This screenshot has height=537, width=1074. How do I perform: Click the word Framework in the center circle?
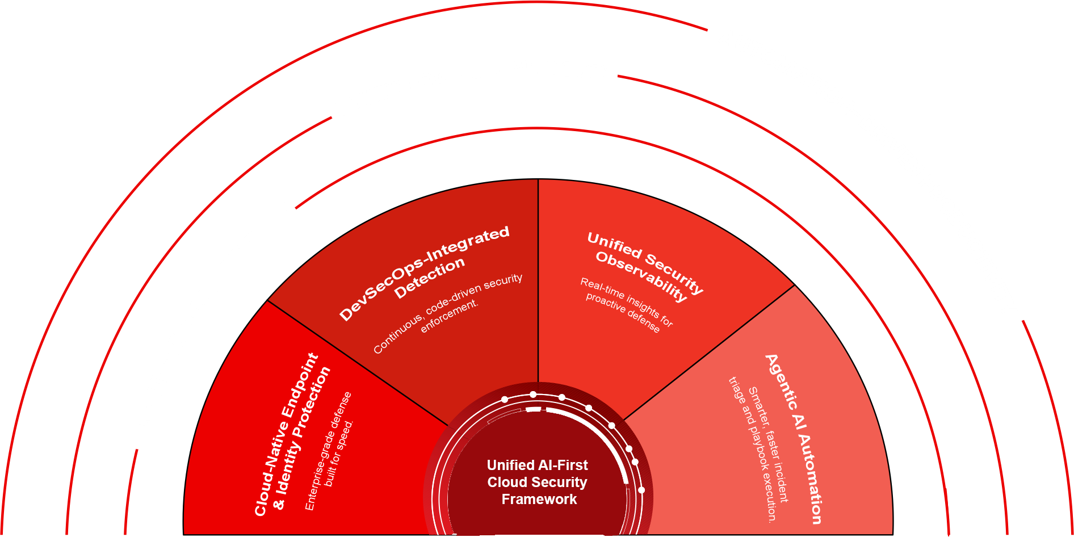click(x=539, y=500)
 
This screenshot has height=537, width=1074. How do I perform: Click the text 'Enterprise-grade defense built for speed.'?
click(x=330, y=451)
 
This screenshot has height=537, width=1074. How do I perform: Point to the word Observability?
click(x=641, y=275)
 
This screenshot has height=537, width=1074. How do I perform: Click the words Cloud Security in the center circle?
click(x=537, y=483)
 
